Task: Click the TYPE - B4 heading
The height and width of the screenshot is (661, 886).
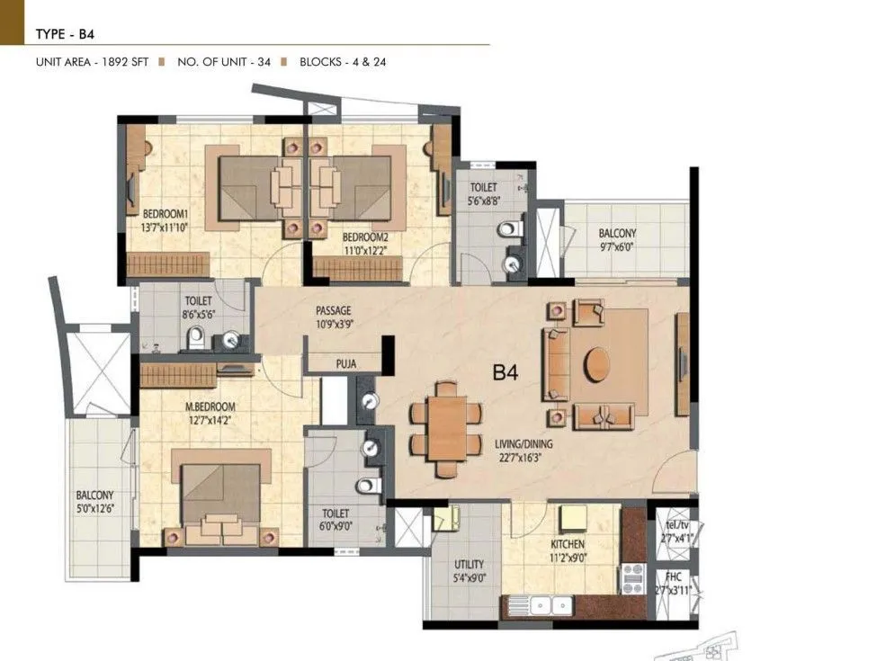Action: pyautogui.click(x=65, y=35)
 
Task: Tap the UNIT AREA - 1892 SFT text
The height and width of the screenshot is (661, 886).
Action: pyautogui.click(x=94, y=62)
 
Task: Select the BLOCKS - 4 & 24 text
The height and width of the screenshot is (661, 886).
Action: pyautogui.click(x=343, y=62)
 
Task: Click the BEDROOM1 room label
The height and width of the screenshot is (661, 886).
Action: pyautogui.click(x=166, y=214)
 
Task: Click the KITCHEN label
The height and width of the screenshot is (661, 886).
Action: pyautogui.click(x=568, y=544)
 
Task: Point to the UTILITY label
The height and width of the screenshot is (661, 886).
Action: pyautogui.click(x=469, y=564)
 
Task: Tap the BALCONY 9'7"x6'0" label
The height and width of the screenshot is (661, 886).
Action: pyautogui.click(x=618, y=233)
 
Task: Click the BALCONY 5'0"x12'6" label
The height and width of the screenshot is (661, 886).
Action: pyautogui.click(x=94, y=496)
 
